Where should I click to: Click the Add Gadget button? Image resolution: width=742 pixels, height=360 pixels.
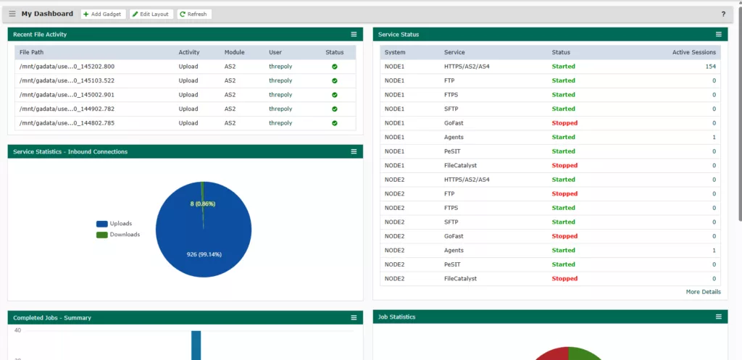coord(102,14)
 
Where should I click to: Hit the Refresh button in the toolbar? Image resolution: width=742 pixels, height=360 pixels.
coord(193,14)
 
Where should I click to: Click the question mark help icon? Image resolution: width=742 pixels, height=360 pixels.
coord(723,14)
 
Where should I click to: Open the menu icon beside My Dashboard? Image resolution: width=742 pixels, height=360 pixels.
coord(12,14)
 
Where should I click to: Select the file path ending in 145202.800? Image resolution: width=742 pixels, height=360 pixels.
coord(67,67)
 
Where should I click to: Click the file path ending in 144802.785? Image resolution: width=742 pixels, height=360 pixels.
coord(67,123)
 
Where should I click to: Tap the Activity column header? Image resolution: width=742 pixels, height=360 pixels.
coord(189,52)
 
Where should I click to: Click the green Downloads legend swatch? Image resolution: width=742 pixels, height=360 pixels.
coord(102,235)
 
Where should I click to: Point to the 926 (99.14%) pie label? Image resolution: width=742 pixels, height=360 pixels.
coord(203,254)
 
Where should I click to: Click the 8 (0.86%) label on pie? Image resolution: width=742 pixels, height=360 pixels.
coord(203,204)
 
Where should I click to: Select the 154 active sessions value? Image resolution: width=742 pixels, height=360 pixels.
coord(710,67)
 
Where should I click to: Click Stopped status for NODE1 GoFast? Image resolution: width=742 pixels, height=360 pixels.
coord(564,123)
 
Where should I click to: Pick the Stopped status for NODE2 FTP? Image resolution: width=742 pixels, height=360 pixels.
coord(564,194)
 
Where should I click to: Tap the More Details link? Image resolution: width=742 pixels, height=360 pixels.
coord(703,292)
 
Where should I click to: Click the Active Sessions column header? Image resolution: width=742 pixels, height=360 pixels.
coord(693,52)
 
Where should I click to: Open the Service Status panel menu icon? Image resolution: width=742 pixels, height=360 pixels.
coord(719,34)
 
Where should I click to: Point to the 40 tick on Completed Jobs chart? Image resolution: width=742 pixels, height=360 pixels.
coord(17,330)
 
